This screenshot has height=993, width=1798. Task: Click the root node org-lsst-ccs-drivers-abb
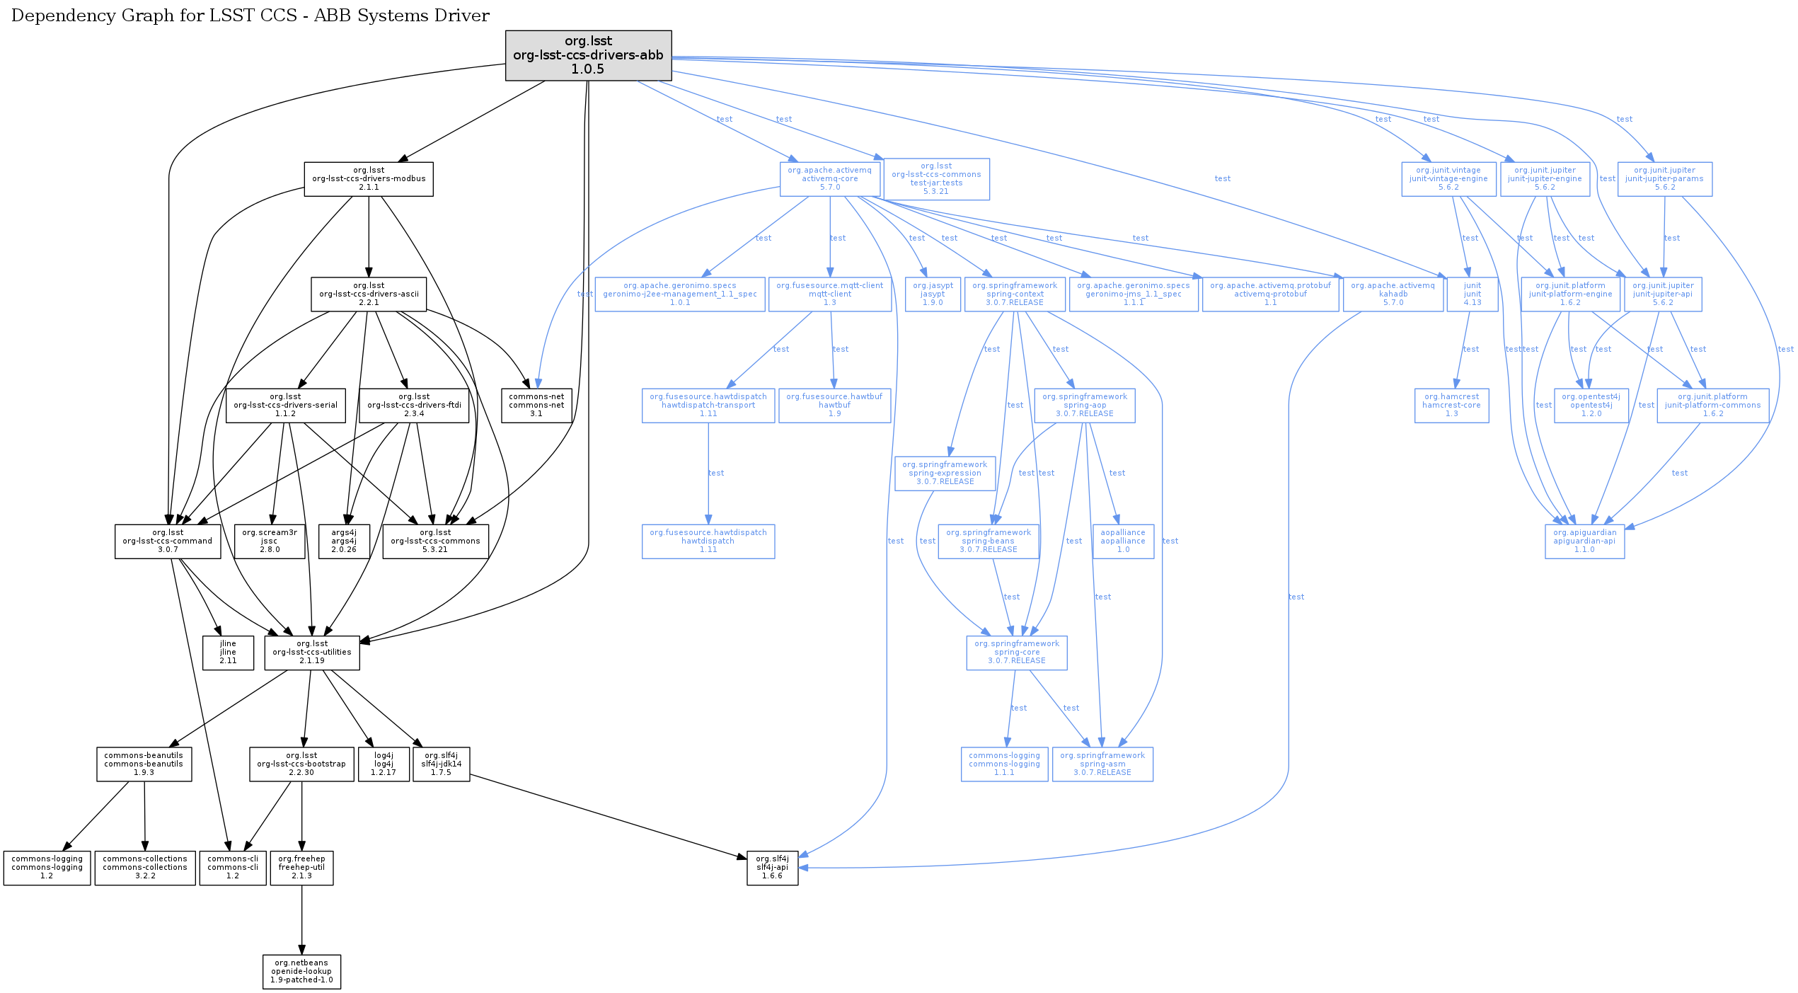588,55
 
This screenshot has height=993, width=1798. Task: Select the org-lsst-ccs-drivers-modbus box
369,179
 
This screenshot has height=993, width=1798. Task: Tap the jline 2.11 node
228,653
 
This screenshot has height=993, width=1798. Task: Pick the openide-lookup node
301,972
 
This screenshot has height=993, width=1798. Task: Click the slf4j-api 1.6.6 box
772,868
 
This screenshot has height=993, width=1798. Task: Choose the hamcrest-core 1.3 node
1451,406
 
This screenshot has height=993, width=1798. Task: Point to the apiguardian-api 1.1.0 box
1584,541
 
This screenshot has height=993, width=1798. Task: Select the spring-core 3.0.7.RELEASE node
1017,653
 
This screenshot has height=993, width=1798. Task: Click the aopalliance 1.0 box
1123,541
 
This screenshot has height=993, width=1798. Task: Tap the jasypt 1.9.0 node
933,294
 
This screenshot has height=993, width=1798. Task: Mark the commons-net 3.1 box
536,406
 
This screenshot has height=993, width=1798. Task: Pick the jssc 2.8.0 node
270,541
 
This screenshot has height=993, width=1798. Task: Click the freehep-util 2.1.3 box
301,868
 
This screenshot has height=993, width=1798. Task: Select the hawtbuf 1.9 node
834,406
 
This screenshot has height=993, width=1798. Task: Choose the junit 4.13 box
1473,294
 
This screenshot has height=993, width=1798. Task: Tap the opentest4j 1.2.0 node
1591,406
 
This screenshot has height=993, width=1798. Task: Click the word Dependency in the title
56,16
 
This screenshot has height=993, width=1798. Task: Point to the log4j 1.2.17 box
384,764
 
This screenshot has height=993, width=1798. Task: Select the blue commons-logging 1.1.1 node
1004,764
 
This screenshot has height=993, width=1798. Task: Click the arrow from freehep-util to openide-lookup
302,920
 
